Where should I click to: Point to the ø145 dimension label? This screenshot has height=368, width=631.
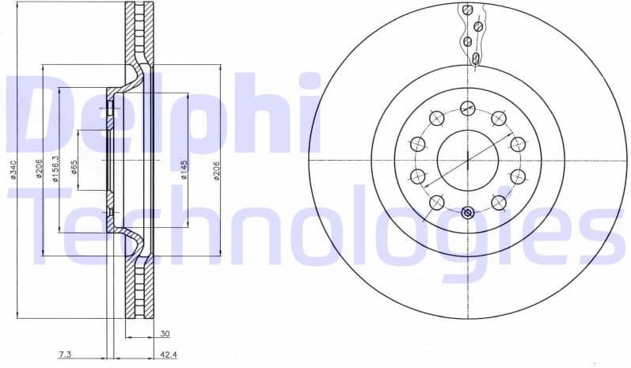click(184, 169)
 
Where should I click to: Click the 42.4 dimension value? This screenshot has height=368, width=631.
click(169, 355)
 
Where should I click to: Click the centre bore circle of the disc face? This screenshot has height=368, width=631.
click(467, 160)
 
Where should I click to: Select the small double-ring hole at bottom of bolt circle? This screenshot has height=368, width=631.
click(467, 212)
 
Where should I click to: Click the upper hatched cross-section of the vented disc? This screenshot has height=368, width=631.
click(139, 40)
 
